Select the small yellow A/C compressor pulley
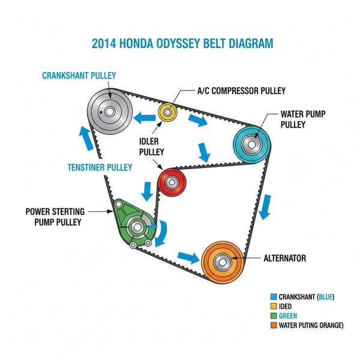click(167, 112)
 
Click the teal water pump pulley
click(252, 145)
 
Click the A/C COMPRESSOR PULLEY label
click(241, 91)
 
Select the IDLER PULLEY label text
click(151, 146)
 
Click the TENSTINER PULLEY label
click(99, 167)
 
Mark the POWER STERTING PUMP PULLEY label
click(55, 217)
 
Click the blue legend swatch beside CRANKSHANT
click(274, 296)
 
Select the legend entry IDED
click(286, 306)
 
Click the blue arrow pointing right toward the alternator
click(188, 256)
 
